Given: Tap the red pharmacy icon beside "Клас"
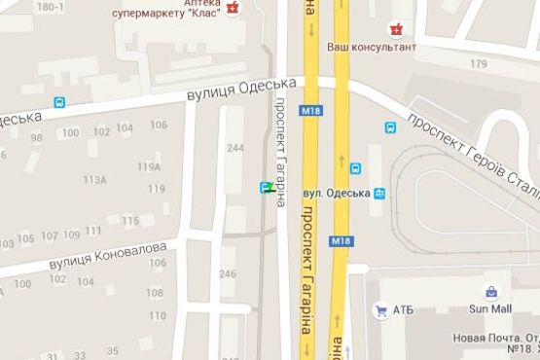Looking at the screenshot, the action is [234, 9].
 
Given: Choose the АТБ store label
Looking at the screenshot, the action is [403, 310].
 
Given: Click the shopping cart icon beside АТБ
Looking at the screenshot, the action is [380, 310].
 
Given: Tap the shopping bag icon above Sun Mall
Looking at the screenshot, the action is [492, 291].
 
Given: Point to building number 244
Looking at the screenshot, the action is [234, 148].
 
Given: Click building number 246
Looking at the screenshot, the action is [229, 274].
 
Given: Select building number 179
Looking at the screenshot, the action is [477, 64].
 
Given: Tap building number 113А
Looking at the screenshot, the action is [94, 180].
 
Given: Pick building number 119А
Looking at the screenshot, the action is [149, 166].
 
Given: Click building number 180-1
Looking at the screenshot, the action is [49, 6].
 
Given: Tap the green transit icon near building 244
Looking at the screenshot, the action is [266, 187].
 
